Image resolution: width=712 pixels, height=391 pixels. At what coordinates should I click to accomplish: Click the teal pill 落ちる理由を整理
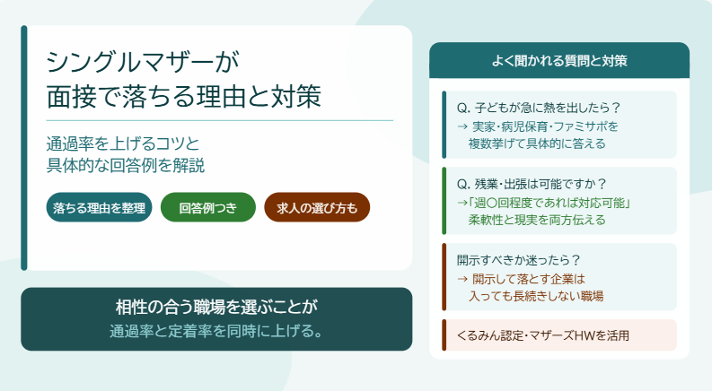(99, 207)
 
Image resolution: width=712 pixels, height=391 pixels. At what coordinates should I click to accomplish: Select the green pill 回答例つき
(208, 207)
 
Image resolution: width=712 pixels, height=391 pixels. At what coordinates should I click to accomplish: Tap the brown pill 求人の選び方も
(317, 207)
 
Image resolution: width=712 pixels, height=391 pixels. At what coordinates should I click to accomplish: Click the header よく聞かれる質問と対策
(559, 61)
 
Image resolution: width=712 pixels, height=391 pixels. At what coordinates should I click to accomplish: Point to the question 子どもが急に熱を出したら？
(539, 108)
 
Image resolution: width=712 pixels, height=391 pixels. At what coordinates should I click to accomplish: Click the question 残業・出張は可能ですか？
(532, 184)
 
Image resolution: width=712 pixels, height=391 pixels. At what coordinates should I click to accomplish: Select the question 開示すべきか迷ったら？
(519, 260)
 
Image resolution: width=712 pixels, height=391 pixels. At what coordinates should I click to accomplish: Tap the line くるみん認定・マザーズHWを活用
(543, 335)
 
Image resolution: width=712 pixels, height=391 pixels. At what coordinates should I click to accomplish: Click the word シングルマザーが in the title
(143, 62)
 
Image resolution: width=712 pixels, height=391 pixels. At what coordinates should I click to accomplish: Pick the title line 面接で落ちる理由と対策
(184, 96)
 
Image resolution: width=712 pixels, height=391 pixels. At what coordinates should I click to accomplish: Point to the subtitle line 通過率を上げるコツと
(123, 143)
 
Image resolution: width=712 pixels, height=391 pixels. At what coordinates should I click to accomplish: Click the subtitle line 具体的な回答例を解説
(126, 165)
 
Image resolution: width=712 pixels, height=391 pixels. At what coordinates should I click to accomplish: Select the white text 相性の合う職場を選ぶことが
(216, 307)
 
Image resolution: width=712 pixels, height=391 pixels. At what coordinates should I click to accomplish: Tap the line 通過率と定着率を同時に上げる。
(216, 331)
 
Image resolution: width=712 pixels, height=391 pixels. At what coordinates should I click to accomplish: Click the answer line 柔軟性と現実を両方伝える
(537, 220)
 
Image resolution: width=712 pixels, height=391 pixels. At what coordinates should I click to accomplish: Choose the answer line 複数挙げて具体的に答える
(537, 143)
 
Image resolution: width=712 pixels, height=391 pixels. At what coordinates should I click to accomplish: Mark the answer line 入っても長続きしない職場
(536, 296)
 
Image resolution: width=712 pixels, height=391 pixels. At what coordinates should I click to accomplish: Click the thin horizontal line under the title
(220, 121)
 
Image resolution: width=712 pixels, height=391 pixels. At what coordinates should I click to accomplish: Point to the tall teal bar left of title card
(24, 148)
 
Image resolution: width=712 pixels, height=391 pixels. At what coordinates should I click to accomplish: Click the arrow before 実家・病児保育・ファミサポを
(462, 126)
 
